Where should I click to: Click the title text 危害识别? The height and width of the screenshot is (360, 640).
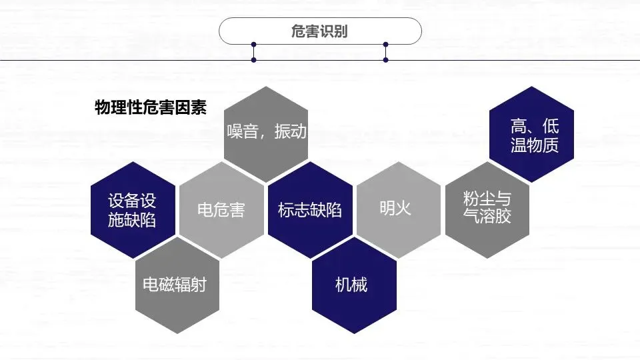tap(320, 31)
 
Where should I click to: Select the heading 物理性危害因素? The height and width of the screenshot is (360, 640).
tap(151, 107)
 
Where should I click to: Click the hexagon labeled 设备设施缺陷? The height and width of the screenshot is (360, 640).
tap(133, 209)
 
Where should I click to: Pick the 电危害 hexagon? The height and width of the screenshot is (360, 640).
tap(221, 209)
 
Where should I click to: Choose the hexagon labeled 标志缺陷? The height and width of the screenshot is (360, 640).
tap(310, 209)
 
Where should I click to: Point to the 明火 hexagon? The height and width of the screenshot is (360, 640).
tap(398, 209)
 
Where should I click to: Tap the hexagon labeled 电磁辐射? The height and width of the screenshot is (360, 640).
tap(177, 285)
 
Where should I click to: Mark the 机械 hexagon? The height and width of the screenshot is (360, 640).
tap(354, 285)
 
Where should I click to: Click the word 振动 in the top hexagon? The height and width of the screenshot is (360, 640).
tap(291, 131)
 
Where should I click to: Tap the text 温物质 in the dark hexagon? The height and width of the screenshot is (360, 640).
tap(535, 145)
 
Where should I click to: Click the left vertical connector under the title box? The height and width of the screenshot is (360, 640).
tap(253, 52)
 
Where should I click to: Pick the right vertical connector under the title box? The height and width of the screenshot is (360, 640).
tap(385, 52)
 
